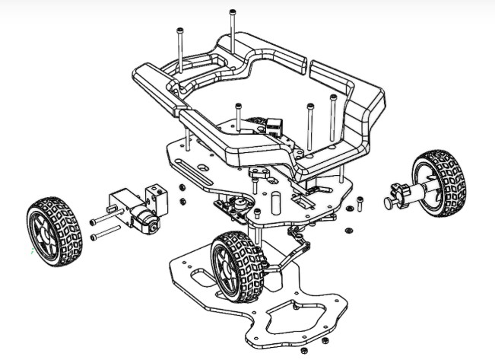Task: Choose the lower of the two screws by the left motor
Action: point(106,236)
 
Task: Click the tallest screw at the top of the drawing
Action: point(231,34)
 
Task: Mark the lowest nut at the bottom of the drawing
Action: point(303,351)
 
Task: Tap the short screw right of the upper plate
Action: point(358,202)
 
